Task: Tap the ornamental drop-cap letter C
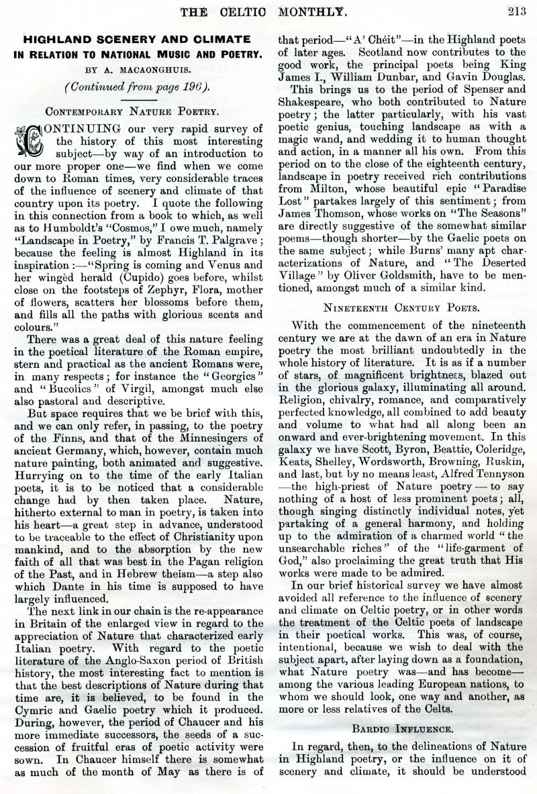pos(25,138)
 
